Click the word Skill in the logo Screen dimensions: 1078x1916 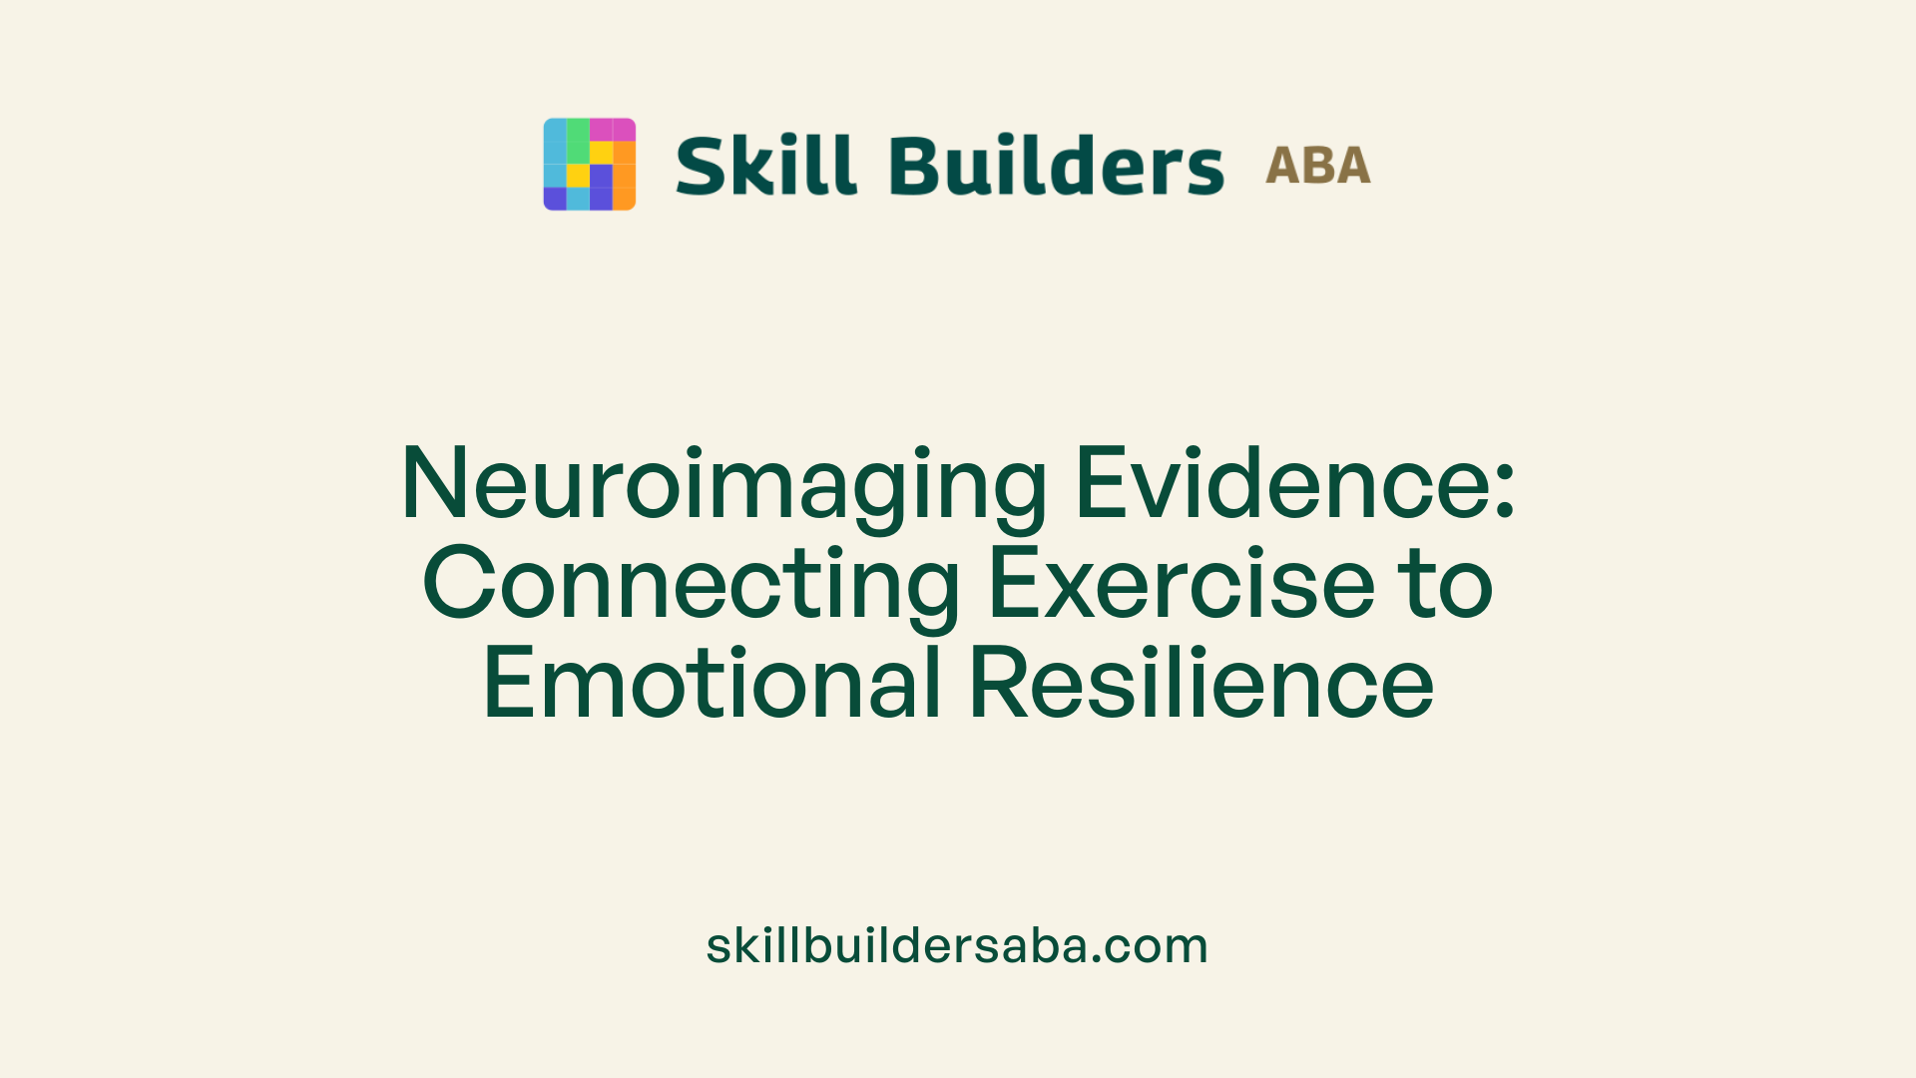765,165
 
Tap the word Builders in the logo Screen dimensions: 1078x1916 1056,165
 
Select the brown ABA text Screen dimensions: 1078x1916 1317,166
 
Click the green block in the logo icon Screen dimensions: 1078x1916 578,141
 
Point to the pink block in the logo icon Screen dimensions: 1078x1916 612,130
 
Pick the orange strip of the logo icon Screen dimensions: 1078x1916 624,176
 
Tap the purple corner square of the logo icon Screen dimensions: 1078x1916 555,199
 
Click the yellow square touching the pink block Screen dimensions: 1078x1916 601,152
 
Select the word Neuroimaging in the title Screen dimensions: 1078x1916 723,484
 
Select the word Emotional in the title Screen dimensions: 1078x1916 713,684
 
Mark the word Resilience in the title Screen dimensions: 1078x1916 1201,684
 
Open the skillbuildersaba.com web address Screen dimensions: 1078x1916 957,945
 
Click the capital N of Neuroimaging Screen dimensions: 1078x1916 435,484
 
